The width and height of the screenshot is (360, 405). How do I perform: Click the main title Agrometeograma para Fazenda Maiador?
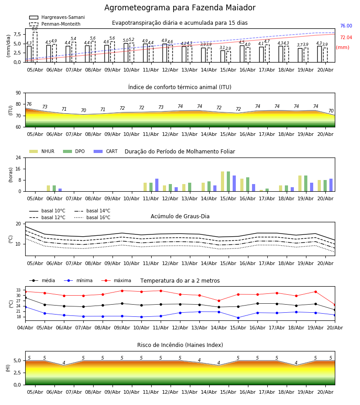click(x=180, y=8)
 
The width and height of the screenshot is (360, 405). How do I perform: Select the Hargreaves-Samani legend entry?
click(x=57, y=17)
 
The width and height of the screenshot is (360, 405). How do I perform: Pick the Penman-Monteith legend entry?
click(x=55, y=24)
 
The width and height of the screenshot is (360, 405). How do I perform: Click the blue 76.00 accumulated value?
click(x=346, y=26)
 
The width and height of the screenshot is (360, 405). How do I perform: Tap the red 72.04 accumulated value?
click(x=346, y=37)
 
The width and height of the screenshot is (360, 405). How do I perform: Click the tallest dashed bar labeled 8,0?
click(x=35, y=47)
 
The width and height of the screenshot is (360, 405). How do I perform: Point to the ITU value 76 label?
click(x=29, y=104)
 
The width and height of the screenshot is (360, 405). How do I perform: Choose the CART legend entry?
click(x=106, y=151)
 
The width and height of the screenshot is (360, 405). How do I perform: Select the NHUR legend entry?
click(x=42, y=151)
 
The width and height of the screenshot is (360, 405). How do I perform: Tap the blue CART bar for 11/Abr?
click(x=157, y=185)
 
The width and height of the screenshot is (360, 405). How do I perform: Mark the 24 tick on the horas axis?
click(x=18, y=157)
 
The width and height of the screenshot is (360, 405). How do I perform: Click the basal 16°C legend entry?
click(x=92, y=217)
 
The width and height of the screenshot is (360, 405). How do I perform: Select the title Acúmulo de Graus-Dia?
click(x=180, y=216)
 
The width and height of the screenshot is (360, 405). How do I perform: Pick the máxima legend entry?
click(x=117, y=280)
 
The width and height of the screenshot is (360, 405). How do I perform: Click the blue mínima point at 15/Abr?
click(x=238, y=318)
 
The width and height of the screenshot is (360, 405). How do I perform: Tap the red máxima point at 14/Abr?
click(x=219, y=301)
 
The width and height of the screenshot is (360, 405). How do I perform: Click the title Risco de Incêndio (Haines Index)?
click(x=180, y=345)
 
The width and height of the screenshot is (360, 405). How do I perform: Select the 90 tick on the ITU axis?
click(x=18, y=93)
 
